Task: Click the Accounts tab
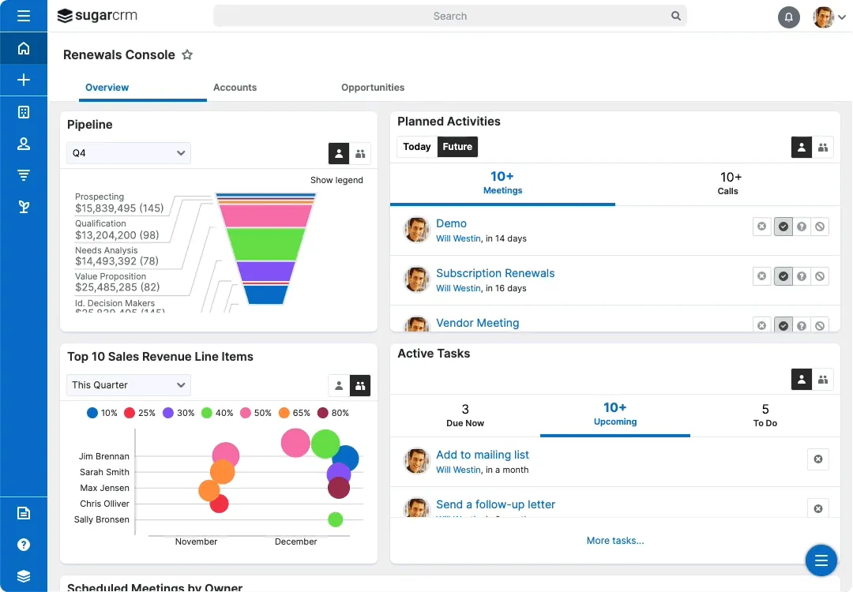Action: coord(235,88)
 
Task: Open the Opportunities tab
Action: coord(373,88)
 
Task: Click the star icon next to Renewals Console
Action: coord(187,55)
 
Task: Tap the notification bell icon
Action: coord(788,17)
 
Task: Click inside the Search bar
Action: coord(449,16)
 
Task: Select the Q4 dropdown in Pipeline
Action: coord(129,153)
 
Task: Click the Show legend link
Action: coord(336,180)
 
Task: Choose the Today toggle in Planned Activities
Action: coord(417,147)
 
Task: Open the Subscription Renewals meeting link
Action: coord(495,273)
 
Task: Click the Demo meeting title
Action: coord(451,223)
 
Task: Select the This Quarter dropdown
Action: coord(129,385)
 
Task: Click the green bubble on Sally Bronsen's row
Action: coord(335,519)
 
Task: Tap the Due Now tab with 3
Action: coord(465,415)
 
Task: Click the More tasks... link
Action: coord(614,541)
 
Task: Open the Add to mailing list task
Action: coord(483,455)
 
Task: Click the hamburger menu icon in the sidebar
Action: coord(24,16)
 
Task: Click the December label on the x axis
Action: coord(296,541)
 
